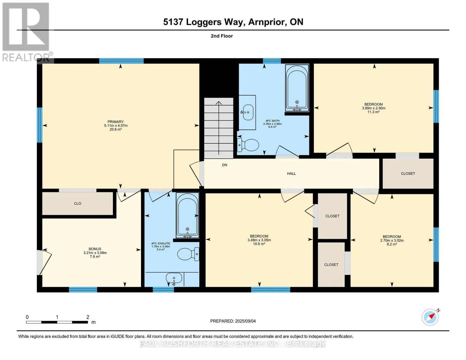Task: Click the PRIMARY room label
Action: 116,121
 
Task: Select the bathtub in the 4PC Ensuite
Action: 188,215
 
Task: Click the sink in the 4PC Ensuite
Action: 174,278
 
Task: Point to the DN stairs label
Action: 224,165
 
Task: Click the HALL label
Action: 291,173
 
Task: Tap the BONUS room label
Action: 95,249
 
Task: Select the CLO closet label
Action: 77,203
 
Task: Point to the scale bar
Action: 57,322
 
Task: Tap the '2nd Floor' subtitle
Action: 222,36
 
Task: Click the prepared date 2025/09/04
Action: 245,321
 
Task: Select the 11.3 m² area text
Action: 373,112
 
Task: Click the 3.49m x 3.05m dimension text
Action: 259,240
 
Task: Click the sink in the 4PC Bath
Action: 248,112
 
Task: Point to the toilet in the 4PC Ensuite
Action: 188,254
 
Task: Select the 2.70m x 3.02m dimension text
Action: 392,240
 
